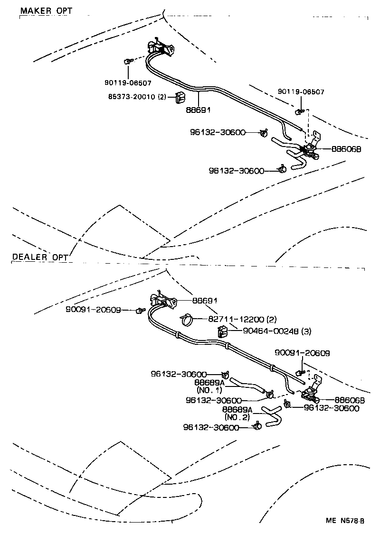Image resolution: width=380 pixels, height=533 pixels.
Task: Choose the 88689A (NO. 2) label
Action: [x=237, y=413]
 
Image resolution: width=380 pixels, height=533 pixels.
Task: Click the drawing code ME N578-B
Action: [x=344, y=521]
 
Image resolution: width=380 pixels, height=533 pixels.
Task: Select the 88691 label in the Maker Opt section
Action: [x=198, y=109]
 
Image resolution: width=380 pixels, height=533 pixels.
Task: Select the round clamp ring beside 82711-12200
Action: [x=187, y=321]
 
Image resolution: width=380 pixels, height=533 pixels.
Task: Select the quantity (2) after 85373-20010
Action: [x=162, y=97]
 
